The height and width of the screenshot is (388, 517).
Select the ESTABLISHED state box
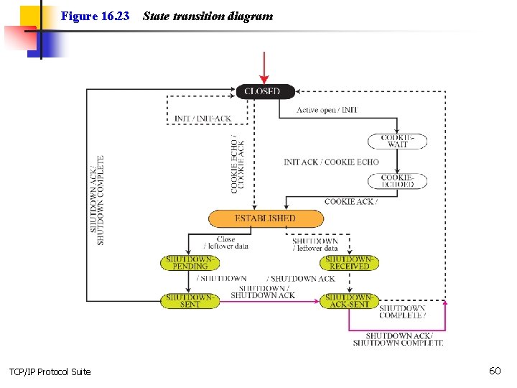pos(265,218)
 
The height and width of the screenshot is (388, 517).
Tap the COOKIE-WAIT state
pos(397,141)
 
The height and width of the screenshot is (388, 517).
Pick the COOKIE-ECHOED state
pos(397,181)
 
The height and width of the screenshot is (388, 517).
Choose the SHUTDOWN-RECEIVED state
pos(349,262)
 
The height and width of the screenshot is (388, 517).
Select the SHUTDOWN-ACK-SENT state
pos(349,300)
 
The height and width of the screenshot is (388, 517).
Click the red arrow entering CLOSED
pos(264,68)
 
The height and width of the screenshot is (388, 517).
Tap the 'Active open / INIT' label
pos(327,110)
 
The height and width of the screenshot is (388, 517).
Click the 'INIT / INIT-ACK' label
pos(202,118)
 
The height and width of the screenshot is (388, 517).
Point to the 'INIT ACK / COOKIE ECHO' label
pos(331,162)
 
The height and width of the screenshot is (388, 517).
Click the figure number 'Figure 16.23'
pos(95,16)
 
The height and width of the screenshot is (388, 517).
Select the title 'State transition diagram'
pos(208,16)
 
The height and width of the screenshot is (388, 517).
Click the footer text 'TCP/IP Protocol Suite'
pos(50,371)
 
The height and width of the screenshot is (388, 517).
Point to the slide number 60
pos(495,371)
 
